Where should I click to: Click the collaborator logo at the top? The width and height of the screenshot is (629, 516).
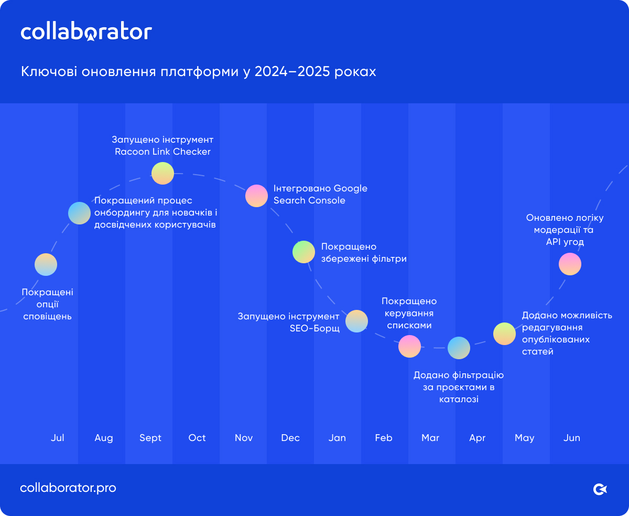(86, 32)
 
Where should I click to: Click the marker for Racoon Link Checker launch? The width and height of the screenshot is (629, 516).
(162, 174)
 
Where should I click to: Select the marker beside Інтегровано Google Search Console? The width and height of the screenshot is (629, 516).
(257, 196)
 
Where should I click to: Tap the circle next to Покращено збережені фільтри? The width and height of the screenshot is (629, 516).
(303, 252)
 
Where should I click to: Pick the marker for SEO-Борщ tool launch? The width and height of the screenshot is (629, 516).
(356, 321)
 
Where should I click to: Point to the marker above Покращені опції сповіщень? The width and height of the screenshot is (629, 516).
(46, 264)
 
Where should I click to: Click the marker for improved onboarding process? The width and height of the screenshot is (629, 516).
(80, 212)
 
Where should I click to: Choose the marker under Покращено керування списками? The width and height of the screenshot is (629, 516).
(409, 346)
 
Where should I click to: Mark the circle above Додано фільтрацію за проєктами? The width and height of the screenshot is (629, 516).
(459, 348)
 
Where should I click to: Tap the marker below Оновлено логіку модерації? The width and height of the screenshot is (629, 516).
(570, 264)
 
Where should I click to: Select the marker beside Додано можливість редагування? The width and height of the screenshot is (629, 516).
(504, 334)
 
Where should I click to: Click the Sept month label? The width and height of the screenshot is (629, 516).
(150, 438)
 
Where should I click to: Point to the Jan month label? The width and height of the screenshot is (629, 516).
(337, 438)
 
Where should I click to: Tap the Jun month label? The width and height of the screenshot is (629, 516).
(572, 438)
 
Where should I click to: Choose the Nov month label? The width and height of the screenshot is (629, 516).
(244, 438)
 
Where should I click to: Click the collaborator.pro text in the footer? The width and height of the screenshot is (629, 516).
(68, 488)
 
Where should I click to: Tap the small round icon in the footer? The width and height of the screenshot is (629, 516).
(600, 489)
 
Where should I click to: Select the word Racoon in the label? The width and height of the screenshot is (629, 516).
(132, 152)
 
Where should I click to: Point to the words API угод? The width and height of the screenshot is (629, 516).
(565, 242)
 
